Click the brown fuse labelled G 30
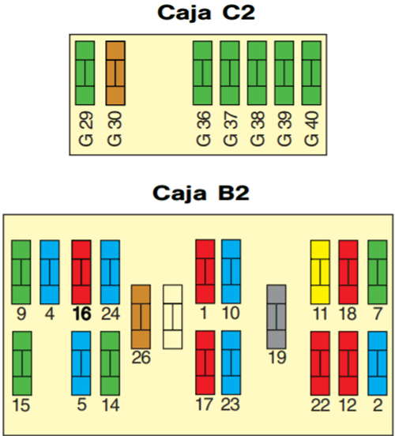(115, 73)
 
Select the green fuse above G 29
(85, 73)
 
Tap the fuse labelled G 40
(311, 73)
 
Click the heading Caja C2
(206, 13)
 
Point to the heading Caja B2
(201, 194)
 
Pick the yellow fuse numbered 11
(320, 272)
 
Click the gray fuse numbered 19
(276, 317)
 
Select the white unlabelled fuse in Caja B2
(173, 317)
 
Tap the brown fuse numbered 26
(141, 317)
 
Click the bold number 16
(82, 314)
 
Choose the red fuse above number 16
(81, 272)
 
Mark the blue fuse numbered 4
(50, 272)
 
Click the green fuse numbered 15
(22, 363)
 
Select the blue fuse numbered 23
(231, 363)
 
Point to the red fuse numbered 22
(320, 363)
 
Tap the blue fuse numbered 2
(378, 363)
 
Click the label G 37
(231, 129)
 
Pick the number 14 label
(111, 405)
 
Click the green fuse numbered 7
(378, 272)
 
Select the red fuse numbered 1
(205, 272)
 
